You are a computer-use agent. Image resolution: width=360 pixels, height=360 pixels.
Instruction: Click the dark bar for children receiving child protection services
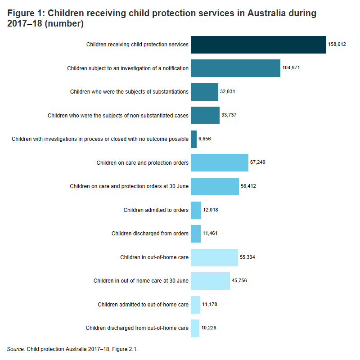(258, 45)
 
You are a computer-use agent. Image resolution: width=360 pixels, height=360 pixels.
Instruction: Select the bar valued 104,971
(235, 68)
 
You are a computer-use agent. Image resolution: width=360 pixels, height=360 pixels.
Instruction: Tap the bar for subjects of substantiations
(204, 92)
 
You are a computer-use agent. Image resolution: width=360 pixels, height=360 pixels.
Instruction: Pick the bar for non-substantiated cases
(205, 115)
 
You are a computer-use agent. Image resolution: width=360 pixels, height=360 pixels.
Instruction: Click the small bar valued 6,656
(193, 139)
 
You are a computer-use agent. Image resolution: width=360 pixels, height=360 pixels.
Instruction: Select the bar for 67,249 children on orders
(220, 162)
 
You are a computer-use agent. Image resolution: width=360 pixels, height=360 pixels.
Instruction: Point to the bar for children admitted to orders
(196, 210)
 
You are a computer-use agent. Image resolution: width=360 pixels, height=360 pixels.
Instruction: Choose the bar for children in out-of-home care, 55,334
(214, 257)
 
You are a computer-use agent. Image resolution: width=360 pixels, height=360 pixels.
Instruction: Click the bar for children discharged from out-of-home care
(195, 328)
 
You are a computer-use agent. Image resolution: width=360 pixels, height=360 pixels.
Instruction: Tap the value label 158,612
(337, 45)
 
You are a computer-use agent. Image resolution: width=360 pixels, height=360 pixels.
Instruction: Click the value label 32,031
(228, 92)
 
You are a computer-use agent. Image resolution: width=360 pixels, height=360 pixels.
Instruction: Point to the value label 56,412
(248, 186)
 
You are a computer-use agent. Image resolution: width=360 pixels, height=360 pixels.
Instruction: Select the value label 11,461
(210, 234)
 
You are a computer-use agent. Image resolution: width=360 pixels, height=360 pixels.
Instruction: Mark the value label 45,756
(239, 281)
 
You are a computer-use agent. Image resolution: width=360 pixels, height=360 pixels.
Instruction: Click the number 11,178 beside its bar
(210, 305)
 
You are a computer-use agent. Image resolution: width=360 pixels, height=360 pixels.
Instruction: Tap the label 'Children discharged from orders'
(150, 234)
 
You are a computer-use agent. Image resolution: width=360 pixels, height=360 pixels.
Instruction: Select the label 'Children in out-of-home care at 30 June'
(141, 281)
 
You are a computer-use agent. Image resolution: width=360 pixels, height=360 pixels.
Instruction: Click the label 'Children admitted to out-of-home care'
(143, 305)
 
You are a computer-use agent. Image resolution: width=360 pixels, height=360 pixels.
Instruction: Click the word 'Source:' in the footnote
(16, 349)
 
